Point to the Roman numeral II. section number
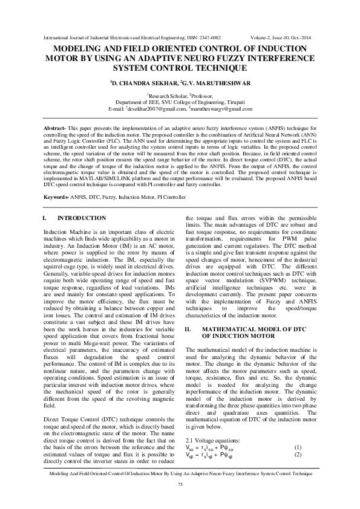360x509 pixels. coord(188,329)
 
